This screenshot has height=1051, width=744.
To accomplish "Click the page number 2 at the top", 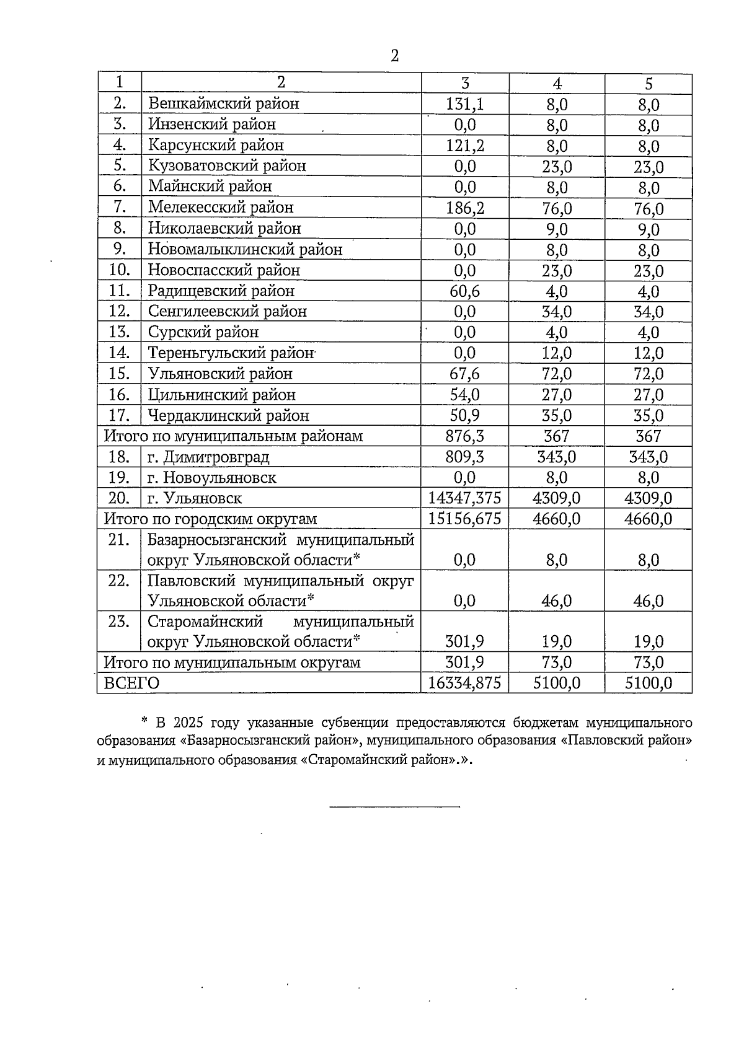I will click(x=395, y=57).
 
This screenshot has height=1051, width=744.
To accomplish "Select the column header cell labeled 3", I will click(x=465, y=84).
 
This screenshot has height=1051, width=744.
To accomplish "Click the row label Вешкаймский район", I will click(x=223, y=103).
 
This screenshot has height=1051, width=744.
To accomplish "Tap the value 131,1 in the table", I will click(x=465, y=104).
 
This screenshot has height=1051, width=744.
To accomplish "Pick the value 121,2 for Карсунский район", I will click(x=465, y=146).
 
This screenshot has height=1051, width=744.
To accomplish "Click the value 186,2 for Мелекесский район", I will click(x=465, y=208).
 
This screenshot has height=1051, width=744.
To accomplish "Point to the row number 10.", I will click(x=119, y=270).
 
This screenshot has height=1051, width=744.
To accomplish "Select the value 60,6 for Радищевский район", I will click(x=465, y=291).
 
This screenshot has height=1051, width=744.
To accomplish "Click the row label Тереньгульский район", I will click(x=231, y=353).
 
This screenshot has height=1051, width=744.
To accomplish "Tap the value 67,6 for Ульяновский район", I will click(x=465, y=374).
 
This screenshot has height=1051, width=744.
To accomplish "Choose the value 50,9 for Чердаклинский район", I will click(x=465, y=415).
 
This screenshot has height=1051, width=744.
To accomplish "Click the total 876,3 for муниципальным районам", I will click(x=465, y=436).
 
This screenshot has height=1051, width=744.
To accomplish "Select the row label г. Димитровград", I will click(x=208, y=457).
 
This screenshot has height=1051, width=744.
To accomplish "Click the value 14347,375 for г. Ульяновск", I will click(x=465, y=498).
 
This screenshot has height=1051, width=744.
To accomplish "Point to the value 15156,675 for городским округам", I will click(x=465, y=519).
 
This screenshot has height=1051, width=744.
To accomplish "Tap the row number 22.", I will click(x=119, y=581).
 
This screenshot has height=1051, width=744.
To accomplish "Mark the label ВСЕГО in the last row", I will click(x=131, y=683).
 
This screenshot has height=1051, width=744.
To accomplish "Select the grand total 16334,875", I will click(x=465, y=683).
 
